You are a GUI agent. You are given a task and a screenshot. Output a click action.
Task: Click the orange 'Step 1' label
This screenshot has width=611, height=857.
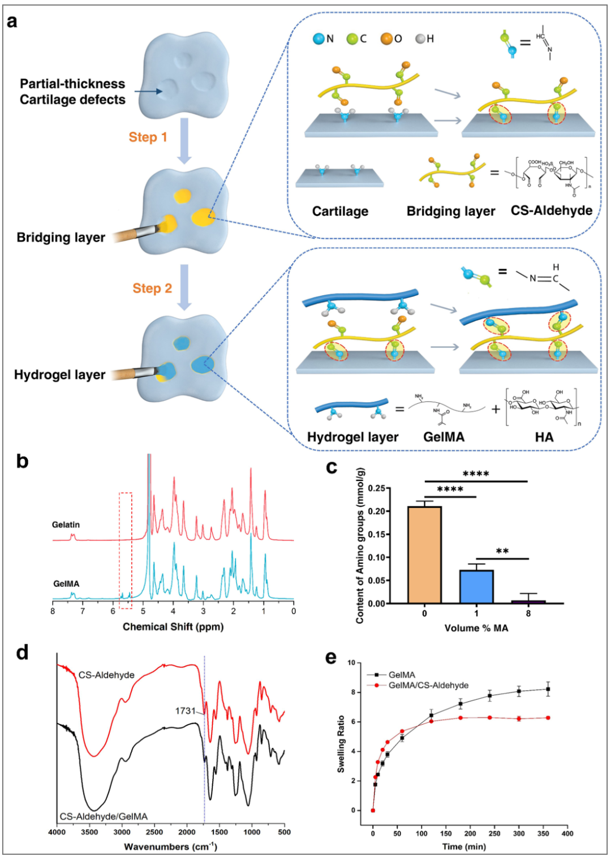[148, 137]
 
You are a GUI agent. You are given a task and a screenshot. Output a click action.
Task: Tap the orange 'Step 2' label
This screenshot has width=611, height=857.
[152, 288]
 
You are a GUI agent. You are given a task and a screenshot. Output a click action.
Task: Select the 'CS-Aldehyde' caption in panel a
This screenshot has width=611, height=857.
[552, 210]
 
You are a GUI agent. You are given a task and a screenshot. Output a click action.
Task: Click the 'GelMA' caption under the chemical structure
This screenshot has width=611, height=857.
[444, 437]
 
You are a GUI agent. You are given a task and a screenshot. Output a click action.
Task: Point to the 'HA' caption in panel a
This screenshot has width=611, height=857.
[544, 437]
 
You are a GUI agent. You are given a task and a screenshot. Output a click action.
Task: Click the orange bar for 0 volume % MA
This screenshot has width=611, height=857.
[424, 554]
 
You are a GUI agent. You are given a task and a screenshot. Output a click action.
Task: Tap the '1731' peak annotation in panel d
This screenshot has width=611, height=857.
[186, 711]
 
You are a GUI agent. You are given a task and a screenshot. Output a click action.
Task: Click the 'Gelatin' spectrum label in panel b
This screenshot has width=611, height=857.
[66, 525]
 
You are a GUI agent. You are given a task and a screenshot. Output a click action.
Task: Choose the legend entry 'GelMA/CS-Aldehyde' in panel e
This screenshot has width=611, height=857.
[428, 686]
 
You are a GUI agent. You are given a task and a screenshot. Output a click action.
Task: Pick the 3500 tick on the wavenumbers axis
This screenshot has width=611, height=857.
[89, 832]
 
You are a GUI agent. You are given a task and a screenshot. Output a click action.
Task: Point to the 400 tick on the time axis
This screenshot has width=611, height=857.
[567, 833]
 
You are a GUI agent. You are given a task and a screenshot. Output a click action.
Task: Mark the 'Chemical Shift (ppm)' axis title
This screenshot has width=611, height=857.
[173, 627]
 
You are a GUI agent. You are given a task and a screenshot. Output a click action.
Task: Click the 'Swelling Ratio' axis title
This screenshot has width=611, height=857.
[341, 744]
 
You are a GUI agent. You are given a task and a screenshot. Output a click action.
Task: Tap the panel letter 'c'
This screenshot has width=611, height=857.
[332, 467]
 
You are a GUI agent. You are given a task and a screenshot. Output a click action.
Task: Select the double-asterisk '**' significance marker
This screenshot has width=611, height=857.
[502, 552]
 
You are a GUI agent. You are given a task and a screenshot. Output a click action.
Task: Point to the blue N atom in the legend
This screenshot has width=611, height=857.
[319, 38]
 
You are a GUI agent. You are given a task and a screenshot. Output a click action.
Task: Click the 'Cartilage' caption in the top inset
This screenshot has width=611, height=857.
[340, 211]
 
